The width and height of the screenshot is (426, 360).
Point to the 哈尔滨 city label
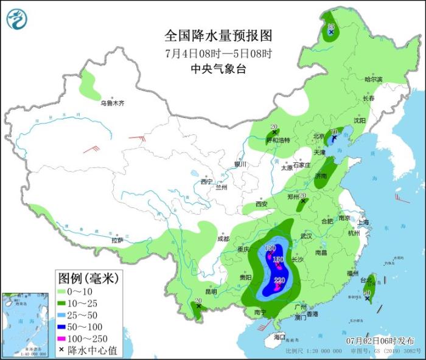373,80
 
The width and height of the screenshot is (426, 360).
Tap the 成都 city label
223,239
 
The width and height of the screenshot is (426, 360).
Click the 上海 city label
364,222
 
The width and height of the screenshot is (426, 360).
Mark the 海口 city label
279,336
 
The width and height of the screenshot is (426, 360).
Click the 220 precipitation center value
279,280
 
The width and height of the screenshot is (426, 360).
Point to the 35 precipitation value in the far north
331,26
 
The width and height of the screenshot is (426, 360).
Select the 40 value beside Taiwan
367,292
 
